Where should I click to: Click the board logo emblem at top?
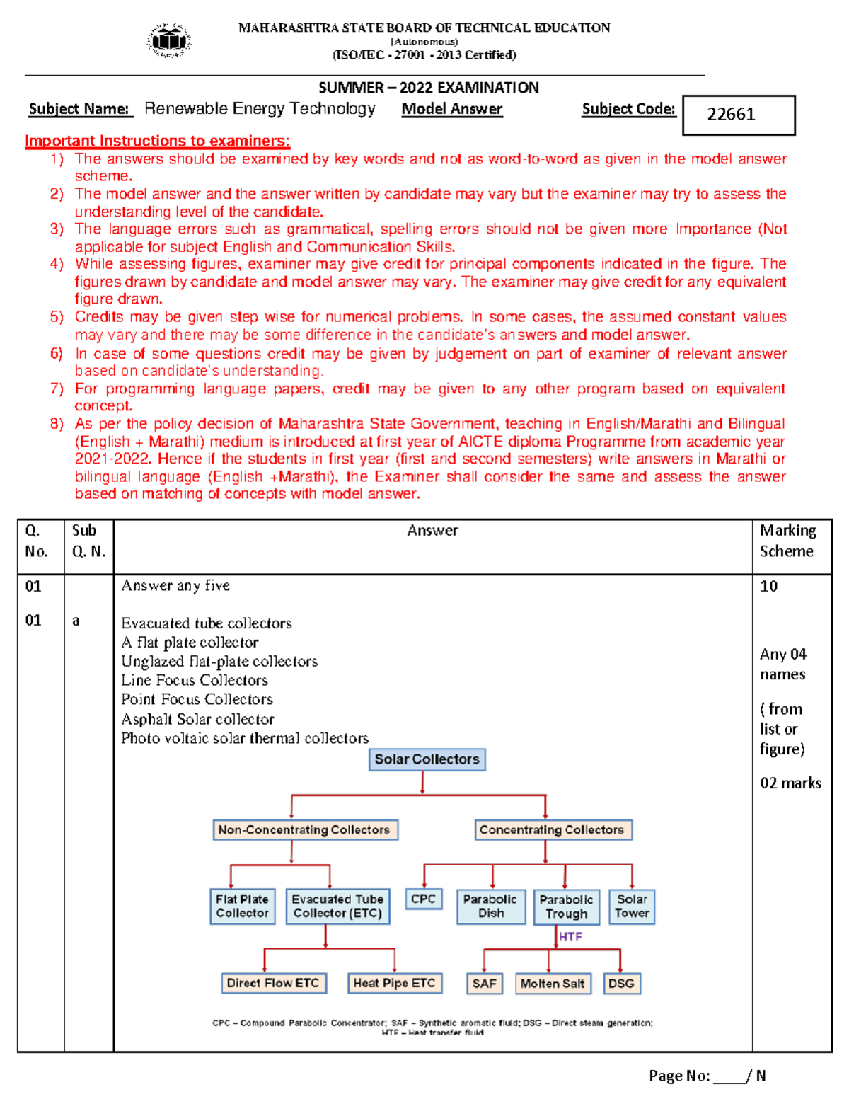tap(169, 40)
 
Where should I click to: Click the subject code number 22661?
tap(732, 114)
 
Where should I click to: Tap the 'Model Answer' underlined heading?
tap(452, 109)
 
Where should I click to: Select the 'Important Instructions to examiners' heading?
tap(157, 141)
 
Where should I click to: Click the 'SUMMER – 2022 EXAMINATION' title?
tap(428, 88)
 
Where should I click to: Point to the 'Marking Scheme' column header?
tap(787, 541)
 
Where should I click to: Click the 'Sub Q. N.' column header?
tap(88, 541)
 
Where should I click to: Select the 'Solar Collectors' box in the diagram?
tap(427, 759)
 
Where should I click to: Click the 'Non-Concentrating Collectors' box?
tap(304, 829)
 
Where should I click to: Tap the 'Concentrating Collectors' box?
tap(552, 829)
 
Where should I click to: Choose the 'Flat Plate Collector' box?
tap(242, 907)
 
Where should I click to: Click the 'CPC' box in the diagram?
tap(423, 899)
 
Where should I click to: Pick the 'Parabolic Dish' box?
tap(490, 907)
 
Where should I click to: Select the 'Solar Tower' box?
tap(632, 907)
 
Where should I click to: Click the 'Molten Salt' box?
tap(553, 984)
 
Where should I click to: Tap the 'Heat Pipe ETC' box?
tap(394, 983)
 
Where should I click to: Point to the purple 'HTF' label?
tap(570, 937)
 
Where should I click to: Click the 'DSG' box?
tap(621, 984)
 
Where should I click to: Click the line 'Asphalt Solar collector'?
tap(197, 719)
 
